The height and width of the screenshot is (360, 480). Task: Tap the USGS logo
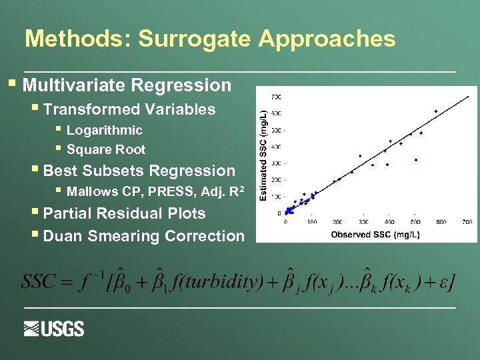tap(54, 329)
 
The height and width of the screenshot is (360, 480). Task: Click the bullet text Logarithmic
tap(104, 130)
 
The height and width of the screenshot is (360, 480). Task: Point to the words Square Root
tap(105, 149)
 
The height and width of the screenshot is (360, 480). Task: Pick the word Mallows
tap(93, 192)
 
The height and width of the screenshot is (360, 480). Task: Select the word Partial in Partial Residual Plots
tap(68, 213)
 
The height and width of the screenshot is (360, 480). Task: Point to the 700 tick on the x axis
tap(467, 222)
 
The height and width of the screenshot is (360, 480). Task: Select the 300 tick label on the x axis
tap(363, 222)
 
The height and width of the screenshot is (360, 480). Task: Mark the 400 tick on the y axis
tap(275, 147)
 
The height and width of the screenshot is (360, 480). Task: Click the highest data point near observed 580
tap(435, 111)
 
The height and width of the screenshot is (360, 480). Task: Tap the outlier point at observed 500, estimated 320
tap(416, 160)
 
